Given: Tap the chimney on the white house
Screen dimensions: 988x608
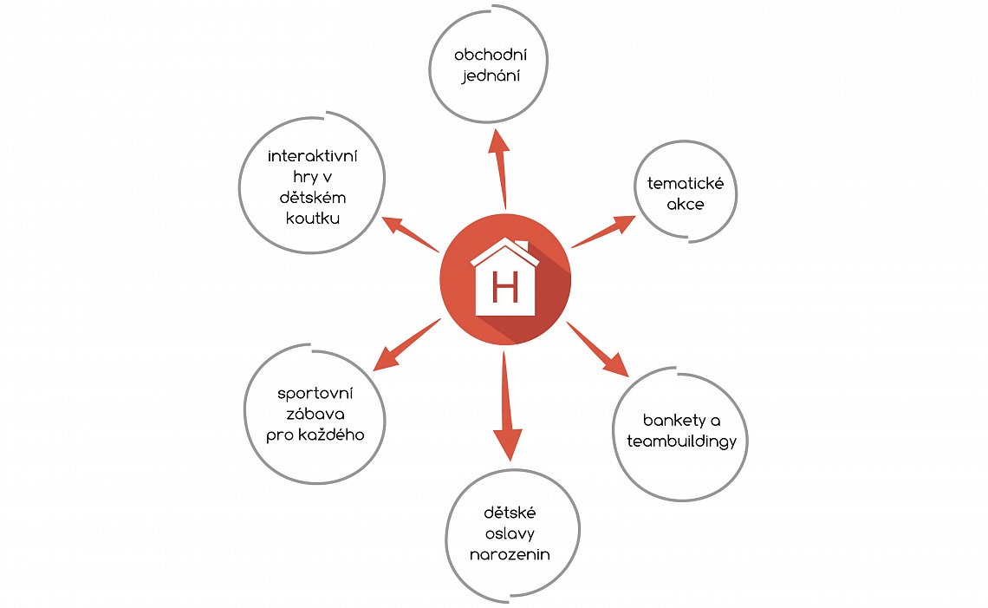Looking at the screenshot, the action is pos(522,245).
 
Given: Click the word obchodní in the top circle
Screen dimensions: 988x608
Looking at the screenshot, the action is pos(491,55).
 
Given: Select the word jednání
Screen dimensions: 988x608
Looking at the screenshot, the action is pos(491,76).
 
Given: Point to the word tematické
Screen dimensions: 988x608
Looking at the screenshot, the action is pos(686,184).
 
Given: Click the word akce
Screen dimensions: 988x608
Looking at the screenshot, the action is pos(686,205).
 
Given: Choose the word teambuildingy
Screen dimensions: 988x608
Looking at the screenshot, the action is pos(682,441).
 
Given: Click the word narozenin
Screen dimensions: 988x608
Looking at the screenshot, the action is pos(510,555).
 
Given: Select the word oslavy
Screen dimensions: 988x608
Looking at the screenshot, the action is pos(510,534).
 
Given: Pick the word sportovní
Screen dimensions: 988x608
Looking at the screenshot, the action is pos(315,394).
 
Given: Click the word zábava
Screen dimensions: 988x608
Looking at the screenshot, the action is pos(315,415).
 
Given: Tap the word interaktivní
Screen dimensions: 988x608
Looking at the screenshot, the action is pos(313,156).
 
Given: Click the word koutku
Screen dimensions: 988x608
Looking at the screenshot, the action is pos(313,219).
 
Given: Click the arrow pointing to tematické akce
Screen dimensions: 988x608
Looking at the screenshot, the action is pos(603,232).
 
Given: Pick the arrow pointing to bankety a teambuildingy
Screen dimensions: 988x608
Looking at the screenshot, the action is pos(597,350).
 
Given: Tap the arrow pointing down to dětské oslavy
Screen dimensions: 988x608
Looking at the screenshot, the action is pos(506,406).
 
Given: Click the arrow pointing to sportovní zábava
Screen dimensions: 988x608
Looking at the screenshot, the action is pos(406,345).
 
